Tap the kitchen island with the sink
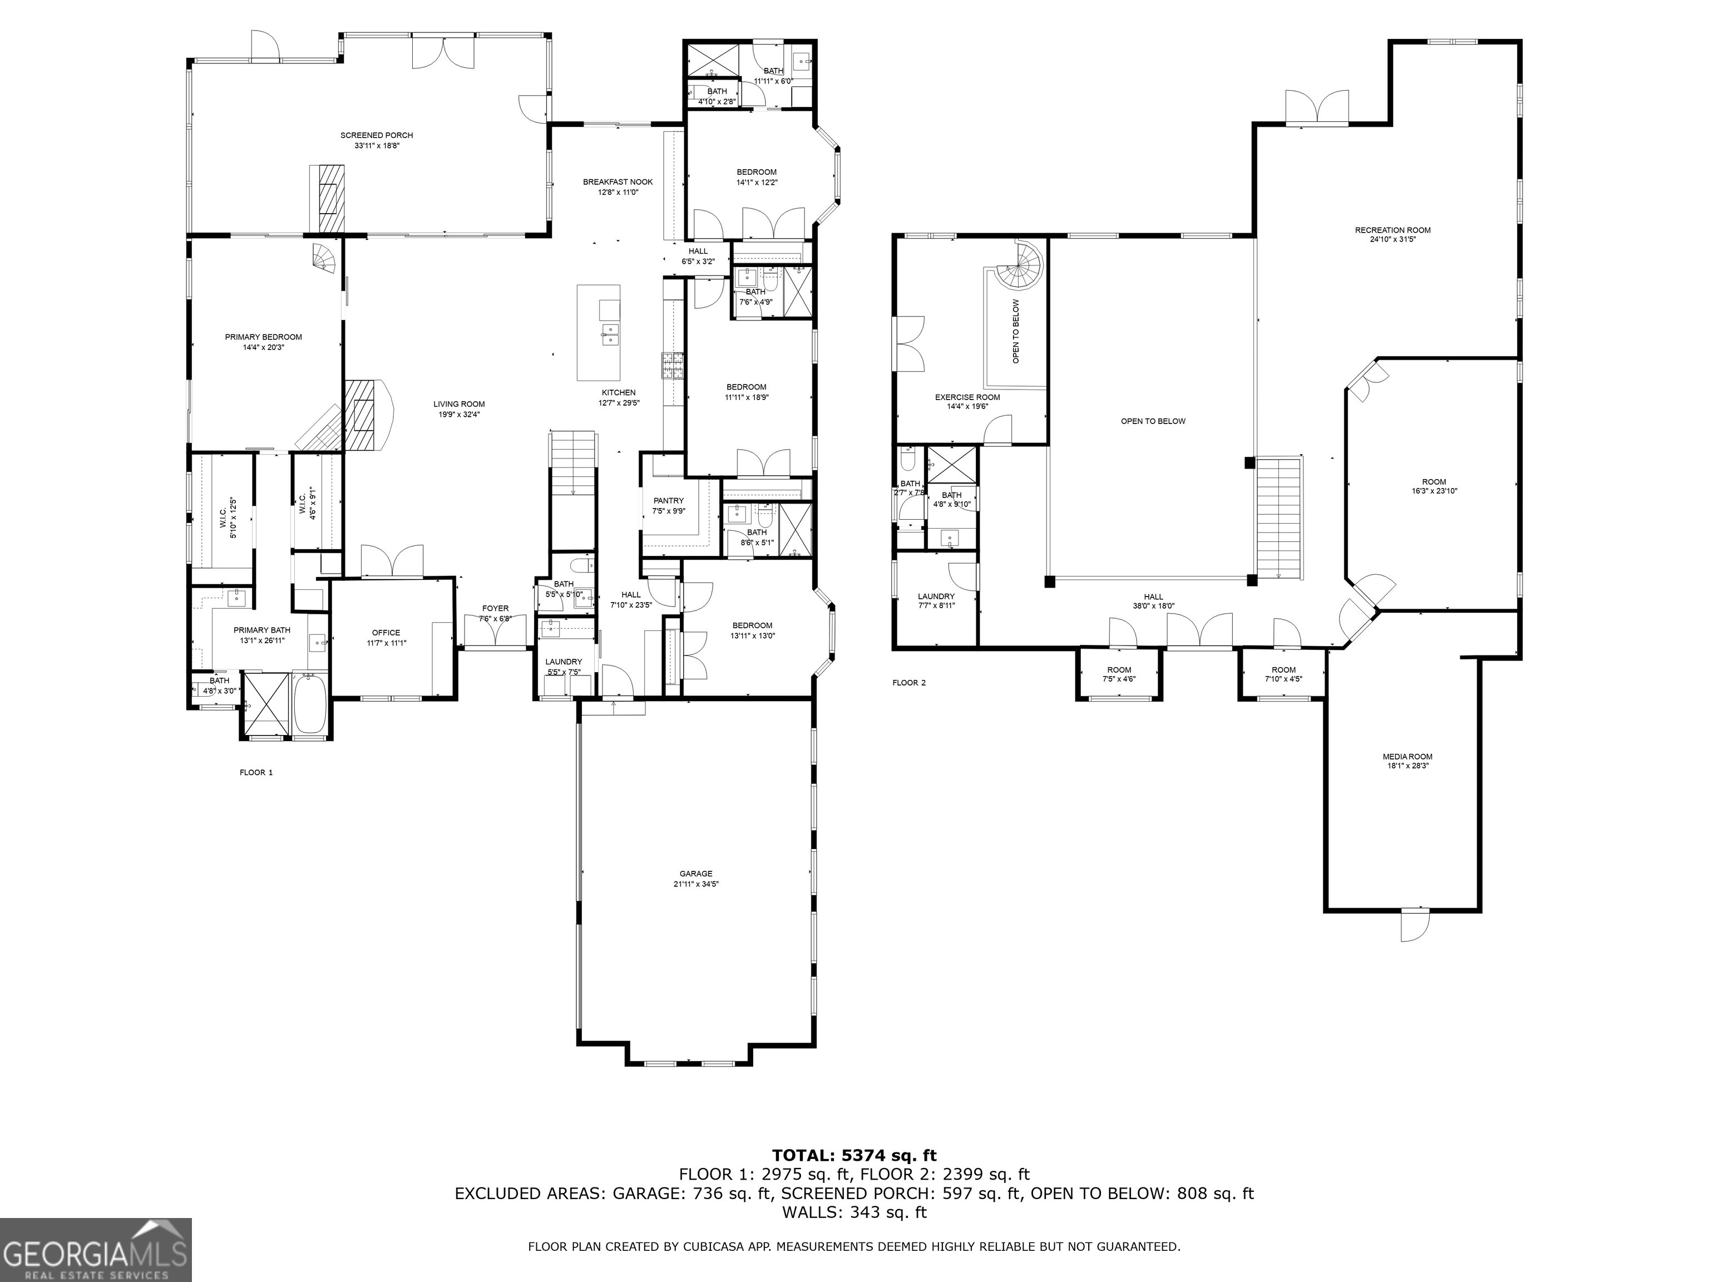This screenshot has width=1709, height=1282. pos(599,332)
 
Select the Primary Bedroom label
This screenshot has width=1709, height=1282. pos(264,337)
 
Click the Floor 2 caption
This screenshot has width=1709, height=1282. pos(908,682)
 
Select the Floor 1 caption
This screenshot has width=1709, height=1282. pos(256,772)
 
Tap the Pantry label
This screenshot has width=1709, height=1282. pos(668,501)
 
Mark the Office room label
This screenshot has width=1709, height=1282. pos(386,632)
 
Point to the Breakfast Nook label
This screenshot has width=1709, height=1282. pos(618,181)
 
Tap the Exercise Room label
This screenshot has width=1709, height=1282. pos(966,397)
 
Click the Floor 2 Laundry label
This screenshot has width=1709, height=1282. pos(936,596)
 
